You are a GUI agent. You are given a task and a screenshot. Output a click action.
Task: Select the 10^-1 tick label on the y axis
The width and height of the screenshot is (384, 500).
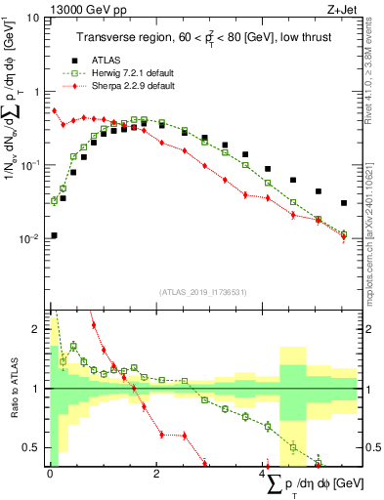[x=31, y=165]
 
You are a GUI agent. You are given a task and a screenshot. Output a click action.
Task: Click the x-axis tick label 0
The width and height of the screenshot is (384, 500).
[x=50, y=474]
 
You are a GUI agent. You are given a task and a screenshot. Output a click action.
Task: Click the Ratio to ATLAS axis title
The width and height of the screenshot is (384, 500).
[x=13, y=389]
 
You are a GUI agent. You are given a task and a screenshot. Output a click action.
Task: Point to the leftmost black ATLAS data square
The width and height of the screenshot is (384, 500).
[x=54, y=235]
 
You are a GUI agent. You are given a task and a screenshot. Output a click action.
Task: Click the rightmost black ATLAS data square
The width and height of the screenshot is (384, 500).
[x=343, y=203]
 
